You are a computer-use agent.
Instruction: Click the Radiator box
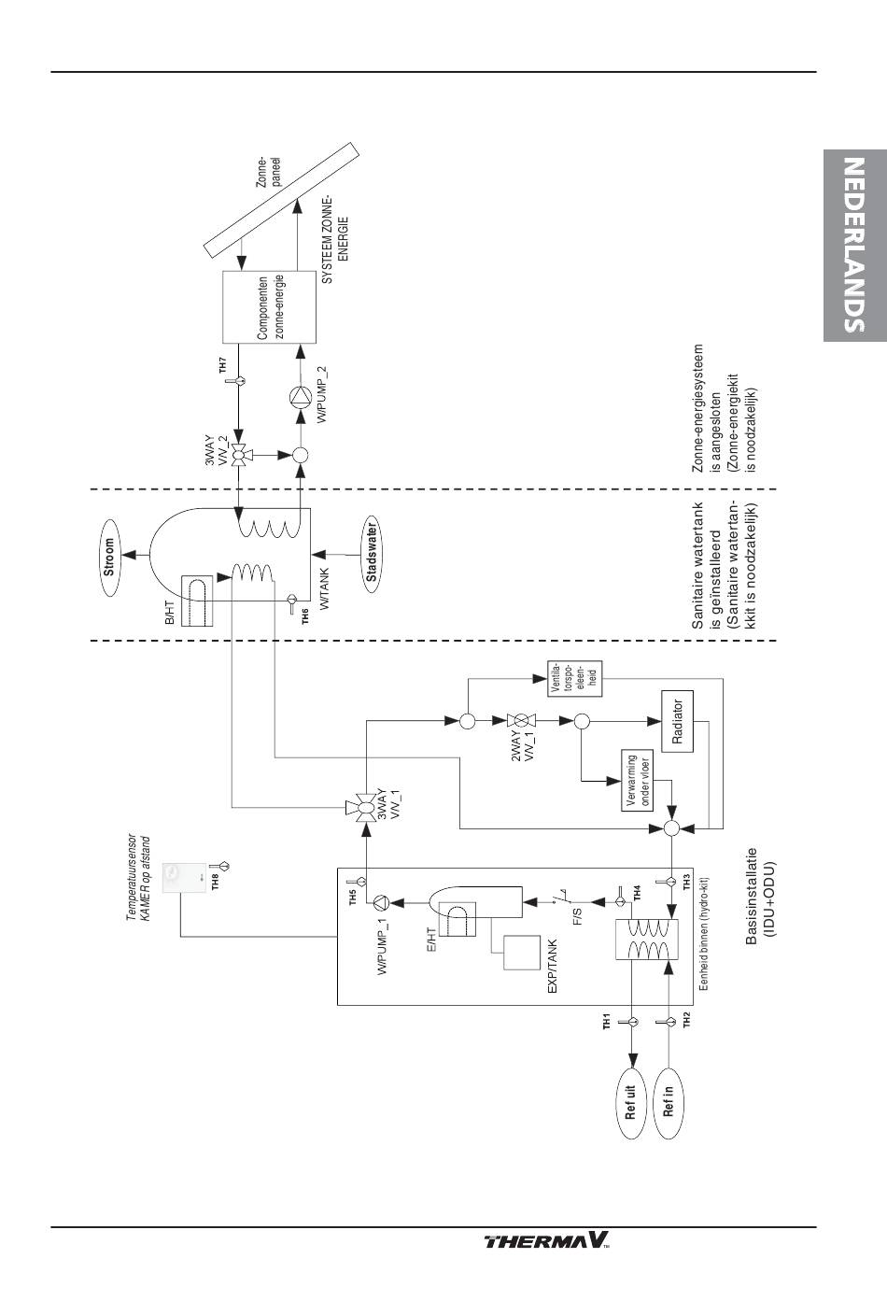(678, 721)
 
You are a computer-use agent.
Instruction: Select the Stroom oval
(109, 557)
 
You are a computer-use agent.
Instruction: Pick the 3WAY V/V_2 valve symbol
(239, 454)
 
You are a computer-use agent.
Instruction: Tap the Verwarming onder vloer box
(638, 780)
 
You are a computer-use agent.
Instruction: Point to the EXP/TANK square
(522, 953)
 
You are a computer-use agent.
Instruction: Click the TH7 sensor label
(223, 366)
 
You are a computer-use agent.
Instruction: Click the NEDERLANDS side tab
(855, 245)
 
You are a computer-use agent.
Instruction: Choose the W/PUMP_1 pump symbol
(381, 902)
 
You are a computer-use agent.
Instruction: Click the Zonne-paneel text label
(268, 171)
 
